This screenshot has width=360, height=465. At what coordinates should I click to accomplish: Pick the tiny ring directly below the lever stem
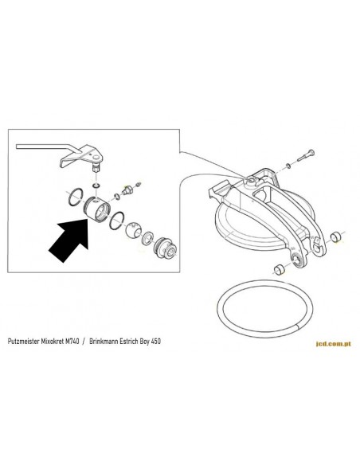tap(96, 186)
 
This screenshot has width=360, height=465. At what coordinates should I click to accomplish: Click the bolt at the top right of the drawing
tap(305, 155)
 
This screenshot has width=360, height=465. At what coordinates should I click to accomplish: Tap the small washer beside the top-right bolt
tap(288, 165)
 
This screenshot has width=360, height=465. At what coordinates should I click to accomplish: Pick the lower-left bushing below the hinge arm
tap(279, 269)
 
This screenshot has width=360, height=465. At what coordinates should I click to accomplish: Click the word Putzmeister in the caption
tap(22, 341)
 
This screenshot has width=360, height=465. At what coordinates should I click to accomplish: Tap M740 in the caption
tap(72, 341)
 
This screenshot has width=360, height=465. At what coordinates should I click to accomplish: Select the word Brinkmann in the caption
tap(103, 341)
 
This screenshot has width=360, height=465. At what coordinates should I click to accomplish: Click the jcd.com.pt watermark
tap(333, 344)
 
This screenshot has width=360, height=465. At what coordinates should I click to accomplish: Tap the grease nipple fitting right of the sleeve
tap(127, 190)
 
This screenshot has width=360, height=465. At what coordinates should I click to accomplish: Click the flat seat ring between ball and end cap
tap(148, 237)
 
